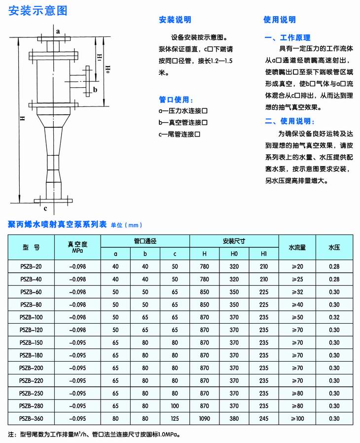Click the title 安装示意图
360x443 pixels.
point(38,11)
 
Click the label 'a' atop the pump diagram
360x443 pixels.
point(58,31)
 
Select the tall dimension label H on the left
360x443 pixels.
point(22,119)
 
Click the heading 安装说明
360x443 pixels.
point(175,20)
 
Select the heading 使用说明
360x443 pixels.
point(280,20)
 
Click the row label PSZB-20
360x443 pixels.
point(32,267)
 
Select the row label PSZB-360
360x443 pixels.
point(32,418)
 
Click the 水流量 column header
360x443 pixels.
point(297,247)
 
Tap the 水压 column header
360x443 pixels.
point(335,247)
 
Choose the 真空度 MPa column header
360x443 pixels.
point(77,247)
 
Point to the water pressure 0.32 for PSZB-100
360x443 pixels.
point(335,317)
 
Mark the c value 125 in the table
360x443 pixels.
point(175,418)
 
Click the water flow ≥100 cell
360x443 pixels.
point(297,418)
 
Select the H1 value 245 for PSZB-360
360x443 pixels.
point(264,418)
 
